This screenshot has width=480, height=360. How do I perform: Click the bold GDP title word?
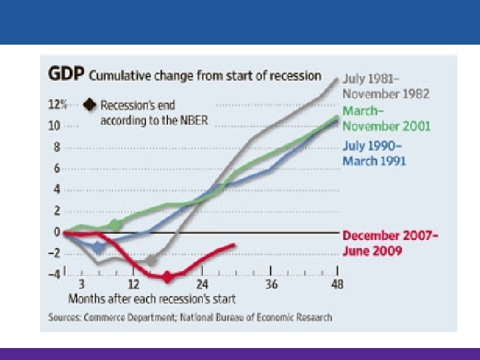pos(65,75)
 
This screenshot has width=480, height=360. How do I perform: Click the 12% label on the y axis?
pos(56,105)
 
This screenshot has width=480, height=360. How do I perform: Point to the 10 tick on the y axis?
pos(54,125)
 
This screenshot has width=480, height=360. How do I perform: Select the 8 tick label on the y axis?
pos(57,147)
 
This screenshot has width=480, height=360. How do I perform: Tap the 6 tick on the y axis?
pos(57,168)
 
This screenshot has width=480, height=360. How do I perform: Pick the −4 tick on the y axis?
pos(54,274)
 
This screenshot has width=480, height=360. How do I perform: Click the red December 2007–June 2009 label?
pos(389,243)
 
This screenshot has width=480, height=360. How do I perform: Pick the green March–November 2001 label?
pos(386,118)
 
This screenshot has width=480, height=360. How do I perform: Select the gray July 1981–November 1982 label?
pos(385,87)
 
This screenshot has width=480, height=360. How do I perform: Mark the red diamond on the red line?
pos(168,276)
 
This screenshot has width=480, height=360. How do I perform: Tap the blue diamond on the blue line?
pos(99,247)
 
